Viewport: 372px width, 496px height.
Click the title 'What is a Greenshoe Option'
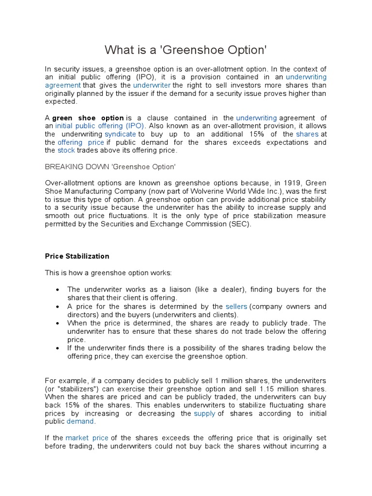(x=186, y=50)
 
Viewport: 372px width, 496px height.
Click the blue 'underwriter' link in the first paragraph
(x=150, y=85)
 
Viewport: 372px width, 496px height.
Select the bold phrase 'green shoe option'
(x=88, y=118)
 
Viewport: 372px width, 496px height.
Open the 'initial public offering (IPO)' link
(x=99, y=126)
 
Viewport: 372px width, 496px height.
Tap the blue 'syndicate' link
(x=121, y=134)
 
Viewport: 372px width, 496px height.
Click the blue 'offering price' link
(x=81, y=142)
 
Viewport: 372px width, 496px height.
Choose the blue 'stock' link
(x=66, y=151)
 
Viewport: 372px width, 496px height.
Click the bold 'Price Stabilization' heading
(x=77, y=256)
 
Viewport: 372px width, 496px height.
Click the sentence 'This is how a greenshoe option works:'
(x=109, y=273)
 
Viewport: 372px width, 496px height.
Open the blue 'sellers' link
(x=236, y=306)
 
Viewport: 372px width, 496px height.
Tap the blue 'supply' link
(x=204, y=414)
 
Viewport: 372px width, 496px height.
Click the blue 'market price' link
(x=87, y=438)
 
